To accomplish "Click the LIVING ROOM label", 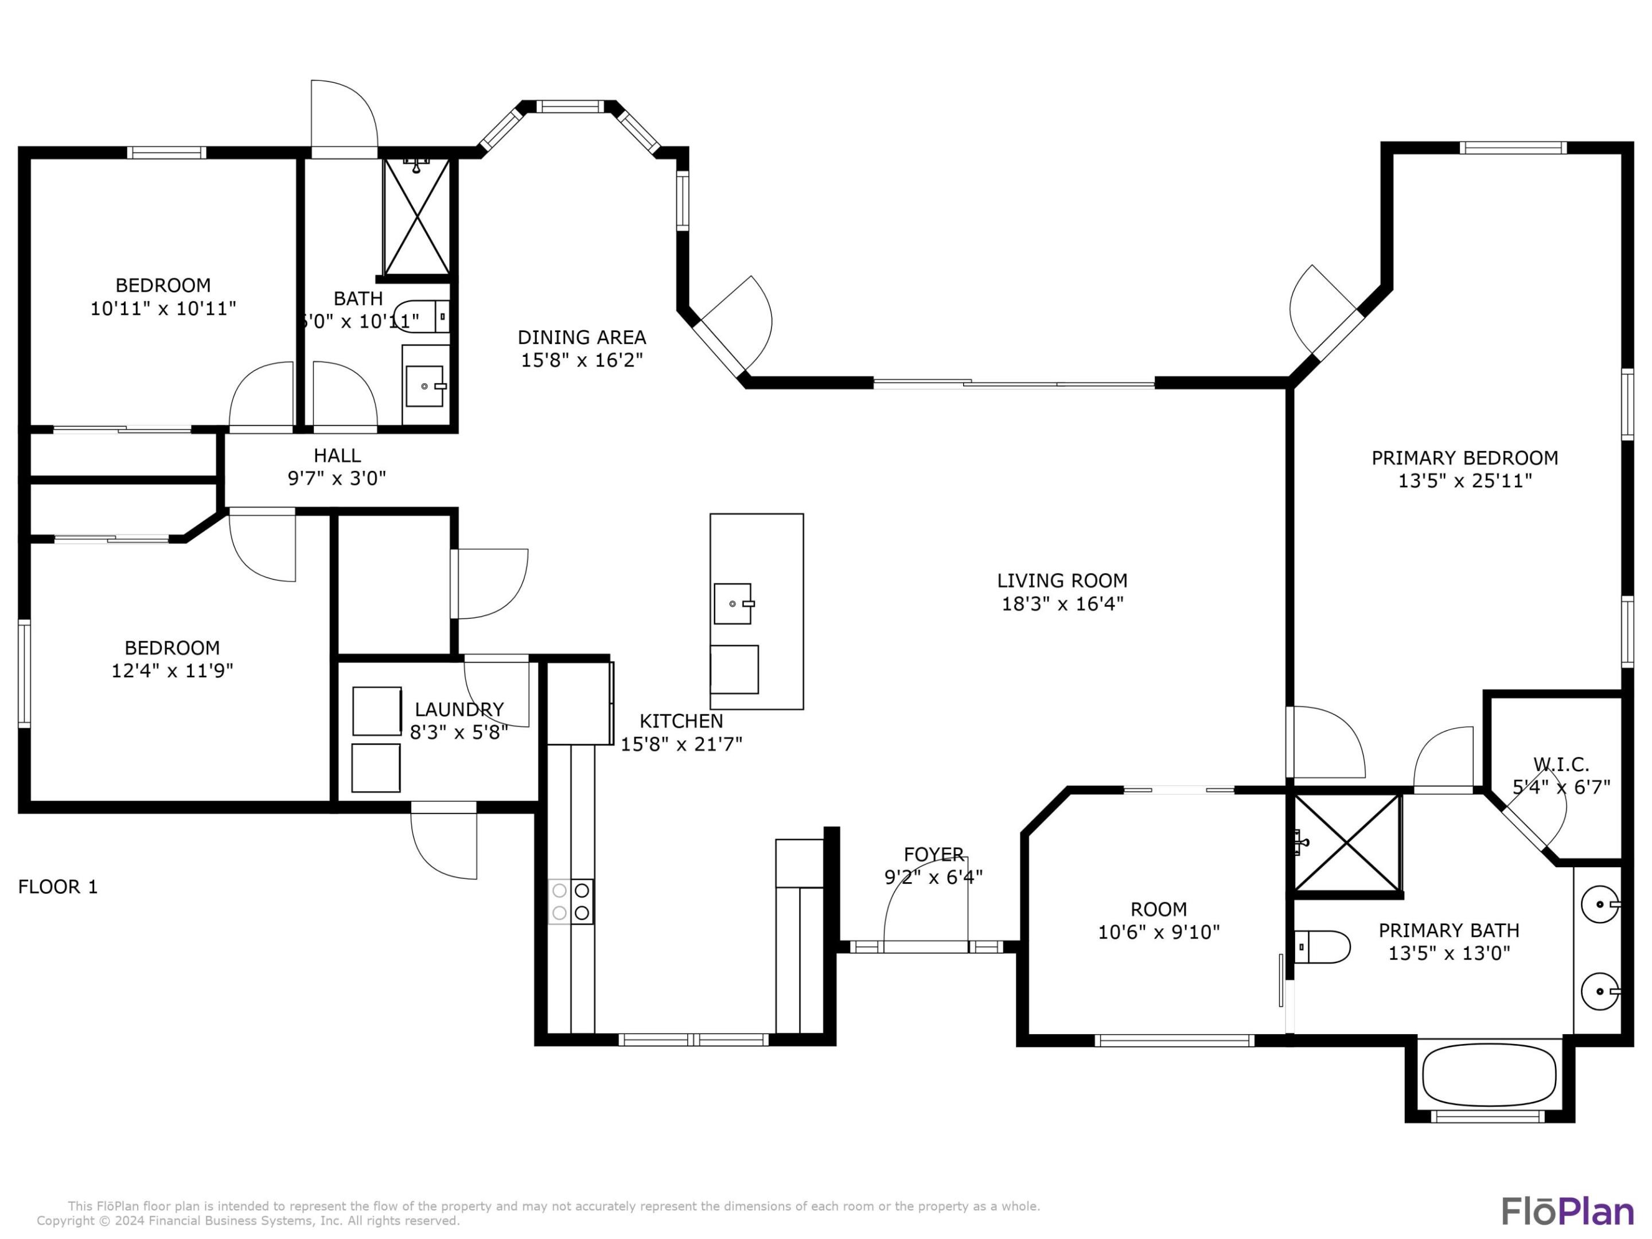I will pyautogui.click(x=1062, y=580).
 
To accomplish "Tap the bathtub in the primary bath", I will pyautogui.click(x=1489, y=1075).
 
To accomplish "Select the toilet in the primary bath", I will pyautogui.click(x=1323, y=947).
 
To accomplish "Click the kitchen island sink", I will pyautogui.click(x=733, y=603).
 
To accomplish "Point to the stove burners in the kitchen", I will pyautogui.click(x=571, y=902).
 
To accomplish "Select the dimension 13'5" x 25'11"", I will pyautogui.click(x=1464, y=481).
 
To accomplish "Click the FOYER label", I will pyautogui.click(x=933, y=854).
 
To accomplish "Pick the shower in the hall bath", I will pyautogui.click(x=417, y=217).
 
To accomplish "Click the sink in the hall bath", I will pyautogui.click(x=425, y=386).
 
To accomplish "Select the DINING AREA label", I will pyautogui.click(x=582, y=337).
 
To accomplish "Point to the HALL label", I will pyautogui.click(x=337, y=455).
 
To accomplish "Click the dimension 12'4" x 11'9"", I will pyautogui.click(x=172, y=671).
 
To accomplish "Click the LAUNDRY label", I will pyautogui.click(x=458, y=709).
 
